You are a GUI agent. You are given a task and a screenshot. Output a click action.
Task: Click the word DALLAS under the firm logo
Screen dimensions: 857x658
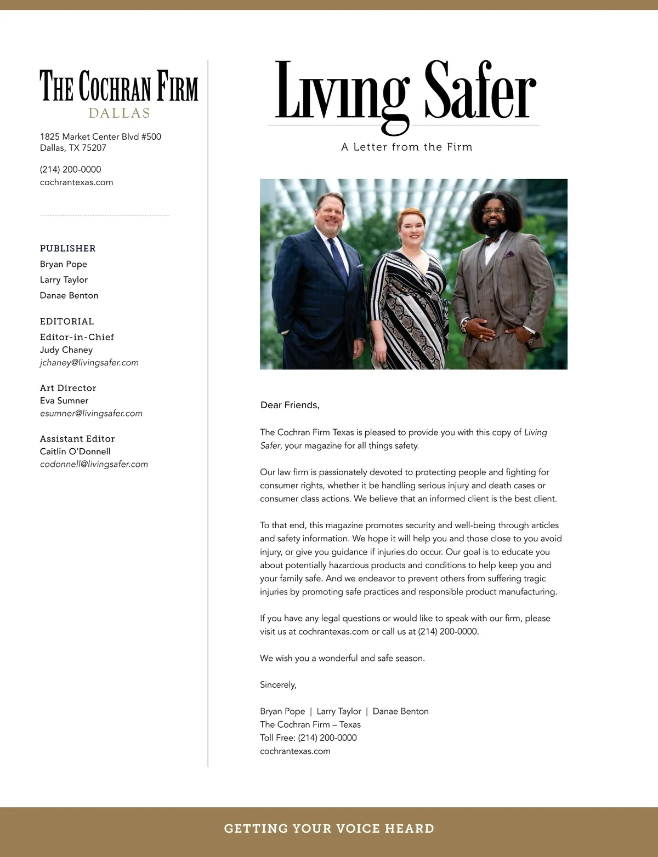coord(119,113)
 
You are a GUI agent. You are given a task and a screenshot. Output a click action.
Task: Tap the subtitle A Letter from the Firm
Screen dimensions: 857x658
coord(406,147)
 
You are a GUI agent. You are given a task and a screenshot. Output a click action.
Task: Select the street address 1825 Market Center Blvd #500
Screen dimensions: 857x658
coord(100,136)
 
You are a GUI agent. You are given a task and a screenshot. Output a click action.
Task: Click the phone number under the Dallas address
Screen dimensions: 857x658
coord(70,169)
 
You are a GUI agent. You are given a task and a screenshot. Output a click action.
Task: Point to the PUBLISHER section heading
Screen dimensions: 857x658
coord(67,248)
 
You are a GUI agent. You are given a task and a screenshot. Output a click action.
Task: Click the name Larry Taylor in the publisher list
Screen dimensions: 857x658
coord(64,279)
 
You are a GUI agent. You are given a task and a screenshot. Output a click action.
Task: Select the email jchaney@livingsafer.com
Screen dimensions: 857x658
coord(89,362)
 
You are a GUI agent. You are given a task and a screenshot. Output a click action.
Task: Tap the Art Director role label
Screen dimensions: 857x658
coord(68,388)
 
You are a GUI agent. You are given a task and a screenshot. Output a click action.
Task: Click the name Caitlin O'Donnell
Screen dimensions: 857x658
coord(75,451)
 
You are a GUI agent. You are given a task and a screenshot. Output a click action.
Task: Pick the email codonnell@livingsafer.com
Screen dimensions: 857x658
coord(94,464)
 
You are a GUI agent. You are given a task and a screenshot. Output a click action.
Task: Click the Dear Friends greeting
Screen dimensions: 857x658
coord(290,405)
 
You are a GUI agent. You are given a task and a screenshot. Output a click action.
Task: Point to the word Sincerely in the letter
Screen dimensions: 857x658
coord(278,684)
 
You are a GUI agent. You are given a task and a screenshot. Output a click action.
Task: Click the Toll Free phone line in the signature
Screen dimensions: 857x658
coord(308,738)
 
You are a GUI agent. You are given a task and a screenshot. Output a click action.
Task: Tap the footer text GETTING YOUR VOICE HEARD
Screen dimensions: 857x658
coord(329,829)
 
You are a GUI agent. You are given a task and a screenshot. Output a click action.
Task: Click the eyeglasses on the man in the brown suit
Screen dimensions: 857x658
coord(495,210)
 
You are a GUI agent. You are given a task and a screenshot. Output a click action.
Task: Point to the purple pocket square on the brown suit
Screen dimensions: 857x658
coord(509,254)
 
